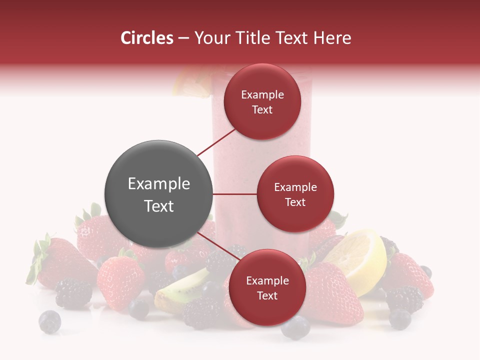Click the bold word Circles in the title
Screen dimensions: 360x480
pyautogui.click(x=146, y=38)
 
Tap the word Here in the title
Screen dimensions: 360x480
pyautogui.click(x=333, y=38)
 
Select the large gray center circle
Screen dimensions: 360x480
pyautogui.click(x=158, y=194)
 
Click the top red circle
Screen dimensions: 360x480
pyautogui.click(x=262, y=101)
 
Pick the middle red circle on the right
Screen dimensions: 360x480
pyautogui.click(x=295, y=194)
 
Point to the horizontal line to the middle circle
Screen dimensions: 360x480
pyautogui.click(x=234, y=194)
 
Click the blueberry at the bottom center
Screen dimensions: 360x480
pyautogui.click(x=295, y=328)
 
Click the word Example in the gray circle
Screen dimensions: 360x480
pyautogui.click(x=158, y=184)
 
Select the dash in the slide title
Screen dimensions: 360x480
pyautogui.click(x=183, y=38)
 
